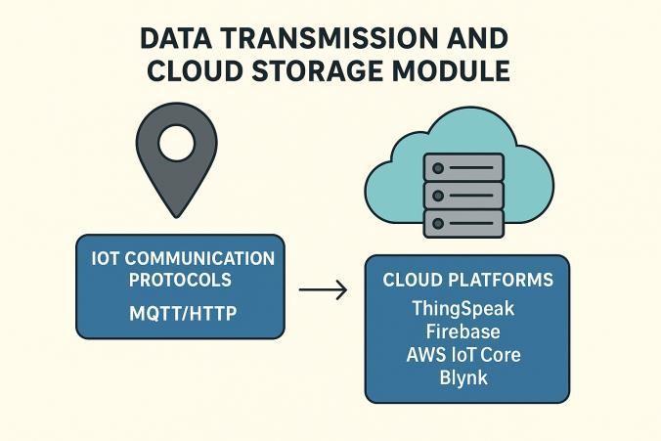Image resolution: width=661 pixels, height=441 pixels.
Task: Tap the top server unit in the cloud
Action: coord(463,168)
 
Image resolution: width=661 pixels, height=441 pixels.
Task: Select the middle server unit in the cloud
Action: coord(463,196)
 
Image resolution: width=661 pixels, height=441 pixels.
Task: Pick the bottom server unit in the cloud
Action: coord(463,223)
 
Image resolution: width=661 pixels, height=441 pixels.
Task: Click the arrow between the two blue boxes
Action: coord(323,290)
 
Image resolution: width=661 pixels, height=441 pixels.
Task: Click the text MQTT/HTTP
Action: coord(183,315)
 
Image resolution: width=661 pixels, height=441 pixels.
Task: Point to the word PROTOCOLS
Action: coord(183,280)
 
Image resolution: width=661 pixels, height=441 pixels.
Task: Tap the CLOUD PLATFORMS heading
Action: coord(467,281)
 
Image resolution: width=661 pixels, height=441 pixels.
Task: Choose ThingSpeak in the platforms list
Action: coord(463,309)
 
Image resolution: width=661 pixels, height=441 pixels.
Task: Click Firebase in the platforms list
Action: coord(463,331)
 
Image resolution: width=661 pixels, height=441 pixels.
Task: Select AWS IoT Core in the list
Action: coord(463,354)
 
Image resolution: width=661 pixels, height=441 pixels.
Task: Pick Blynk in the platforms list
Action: coord(463,376)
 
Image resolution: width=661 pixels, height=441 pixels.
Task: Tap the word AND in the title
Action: coord(472,39)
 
